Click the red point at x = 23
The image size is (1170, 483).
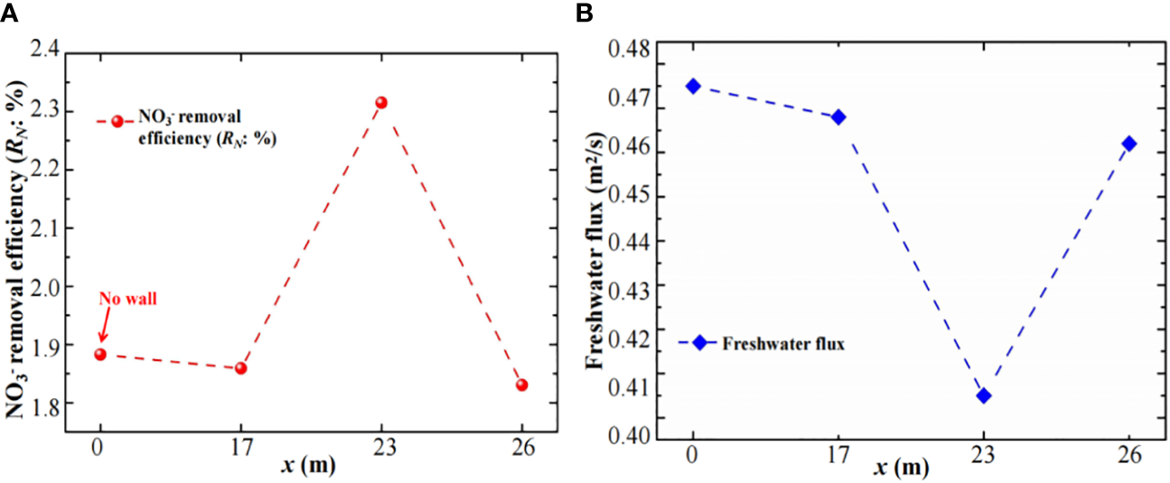pyautogui.click(x=381, y=103)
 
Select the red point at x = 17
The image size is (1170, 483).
pyautogui.click(x=240, y=368)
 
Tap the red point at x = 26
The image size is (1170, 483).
pyautogui.click(x=522, y=385)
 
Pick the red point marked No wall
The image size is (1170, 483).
pyautogui.click(x=100, y=354)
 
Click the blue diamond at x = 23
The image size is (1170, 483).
pyautogui.click(x=984, y=395)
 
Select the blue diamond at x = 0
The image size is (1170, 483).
pyautogui.click(x=693, y=86)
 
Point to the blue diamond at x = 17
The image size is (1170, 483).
pyautogui.click(x=838, y=117)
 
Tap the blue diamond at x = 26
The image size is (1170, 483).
pyautogui.click(x=1129, y=144)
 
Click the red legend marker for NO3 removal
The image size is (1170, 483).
pyautogui.click(x=117, y=121)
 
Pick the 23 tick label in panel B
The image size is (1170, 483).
pyautogui.click(x=984, y=456)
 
